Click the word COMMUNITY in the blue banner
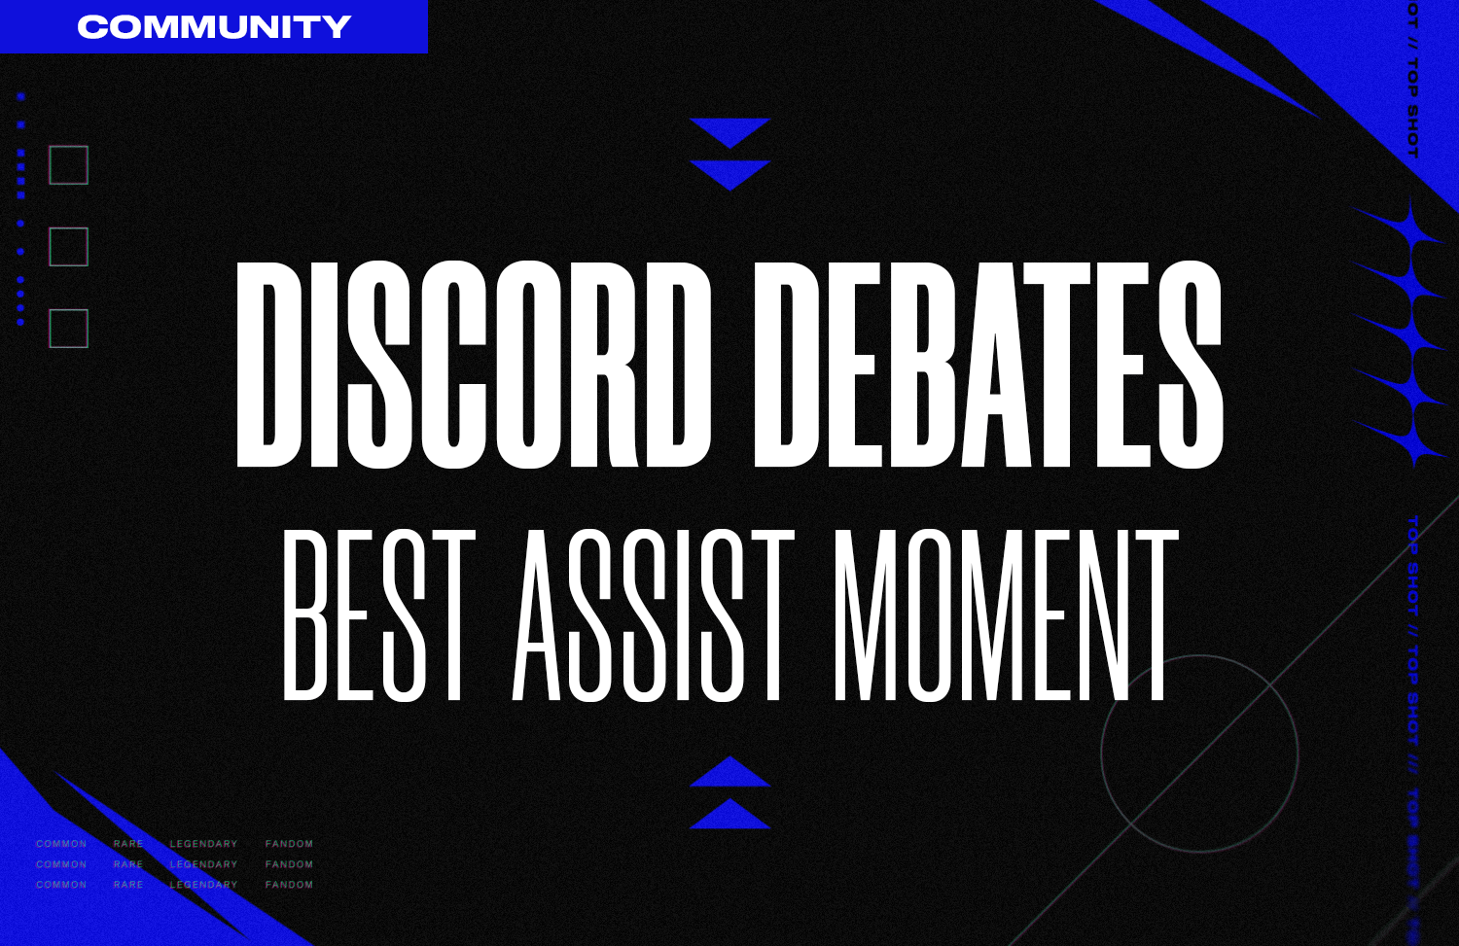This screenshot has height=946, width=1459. (x=214, y=26)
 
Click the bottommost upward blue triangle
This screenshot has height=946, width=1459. (x=729, y=815)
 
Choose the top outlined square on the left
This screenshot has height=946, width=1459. (x=69, y=165)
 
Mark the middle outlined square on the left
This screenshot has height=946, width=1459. (x=69, y=247)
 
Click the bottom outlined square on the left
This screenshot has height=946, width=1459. (x=69, y=329)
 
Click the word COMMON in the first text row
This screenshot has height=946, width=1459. (x=61, y=844)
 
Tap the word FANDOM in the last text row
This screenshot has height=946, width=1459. (x=289, y=885)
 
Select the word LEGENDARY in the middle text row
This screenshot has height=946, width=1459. (x=203, y=864)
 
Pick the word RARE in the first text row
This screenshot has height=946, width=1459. (x=128, y=844)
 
